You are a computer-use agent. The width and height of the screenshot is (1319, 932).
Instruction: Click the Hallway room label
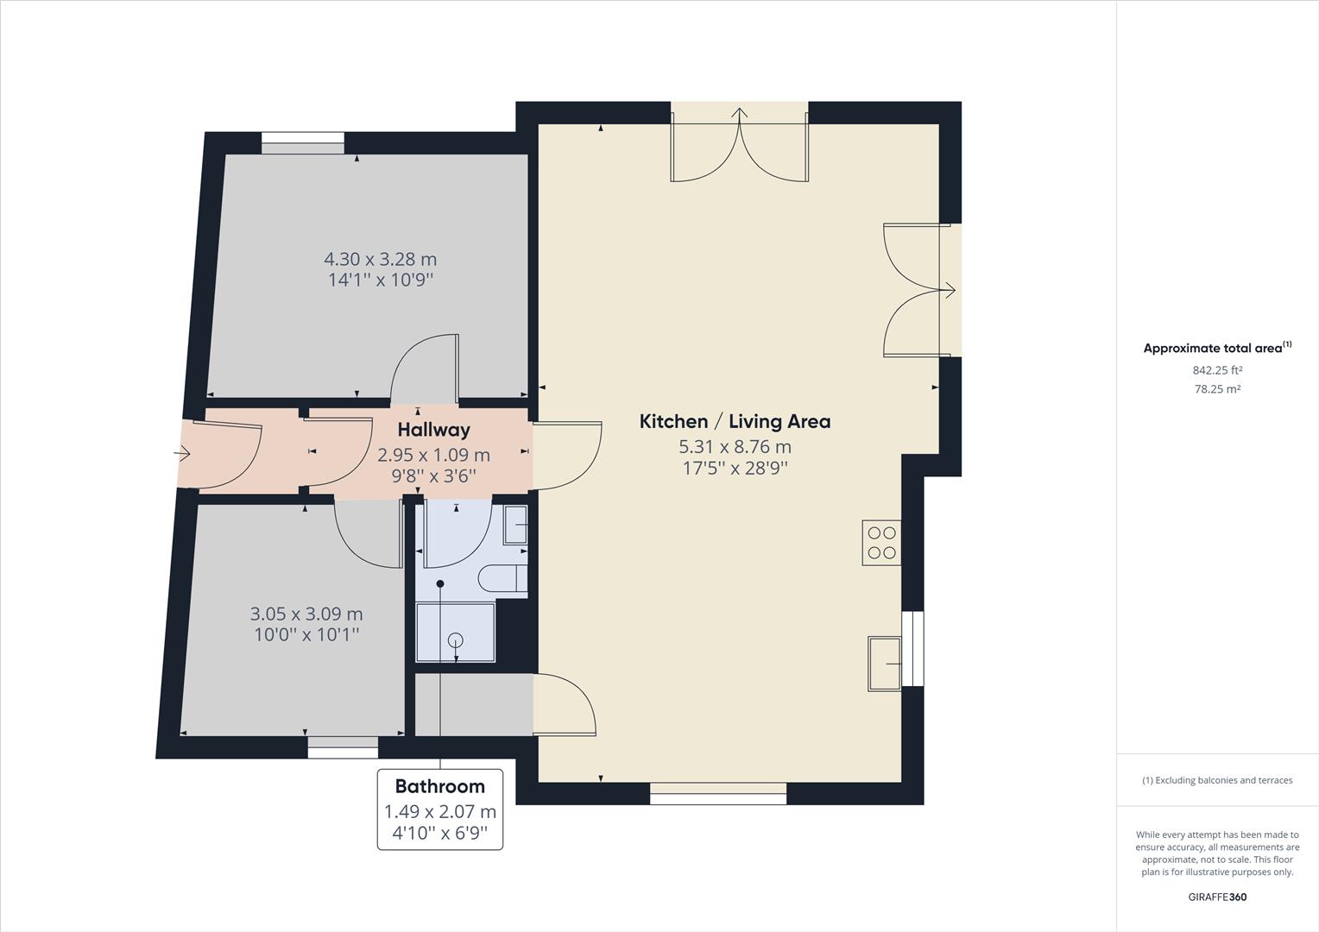click(x=433, y=430)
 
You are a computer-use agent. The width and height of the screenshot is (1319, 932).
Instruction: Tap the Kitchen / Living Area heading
click(x=735, y=422)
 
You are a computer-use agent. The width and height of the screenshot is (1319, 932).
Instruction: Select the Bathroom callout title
click(x=439, y=786)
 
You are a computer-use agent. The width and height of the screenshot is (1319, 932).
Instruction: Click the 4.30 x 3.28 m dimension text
click(x=380, y=259)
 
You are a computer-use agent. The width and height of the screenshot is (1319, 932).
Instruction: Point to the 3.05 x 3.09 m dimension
click(x=306, y=614)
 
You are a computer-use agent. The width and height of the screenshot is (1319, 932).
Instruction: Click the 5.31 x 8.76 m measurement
click(x=735, y=447)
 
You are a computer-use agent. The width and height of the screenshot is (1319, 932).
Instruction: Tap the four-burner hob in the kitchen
click(x=881, y=543)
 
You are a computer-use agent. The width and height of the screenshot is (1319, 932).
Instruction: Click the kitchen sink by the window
click(x=884, y=663)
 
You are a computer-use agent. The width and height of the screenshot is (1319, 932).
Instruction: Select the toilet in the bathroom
click(x=501, y=578)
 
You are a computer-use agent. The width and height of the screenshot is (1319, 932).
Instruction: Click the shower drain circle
click(x=455, y=640)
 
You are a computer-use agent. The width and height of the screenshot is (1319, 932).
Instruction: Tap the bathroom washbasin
click(x=516, y=524)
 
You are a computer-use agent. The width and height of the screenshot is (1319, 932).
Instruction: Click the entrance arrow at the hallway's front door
click(x=182, y=453)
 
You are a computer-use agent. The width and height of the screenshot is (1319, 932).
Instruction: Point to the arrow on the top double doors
click(x=740, y=113)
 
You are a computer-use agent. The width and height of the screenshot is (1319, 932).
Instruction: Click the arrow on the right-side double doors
click(x=949, y=291)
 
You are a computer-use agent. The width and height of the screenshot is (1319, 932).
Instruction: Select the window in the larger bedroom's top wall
click(x=303, y=143)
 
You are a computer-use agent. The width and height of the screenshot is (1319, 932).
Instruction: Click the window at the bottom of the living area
click(x=718, y=793)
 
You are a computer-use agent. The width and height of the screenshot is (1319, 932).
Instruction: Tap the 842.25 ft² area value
click(x=1217, y=370)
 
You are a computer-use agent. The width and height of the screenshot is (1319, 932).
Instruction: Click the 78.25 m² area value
click(x=1217, y=389)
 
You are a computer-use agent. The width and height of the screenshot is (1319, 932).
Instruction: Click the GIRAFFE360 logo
click(x=1217, y=897)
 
